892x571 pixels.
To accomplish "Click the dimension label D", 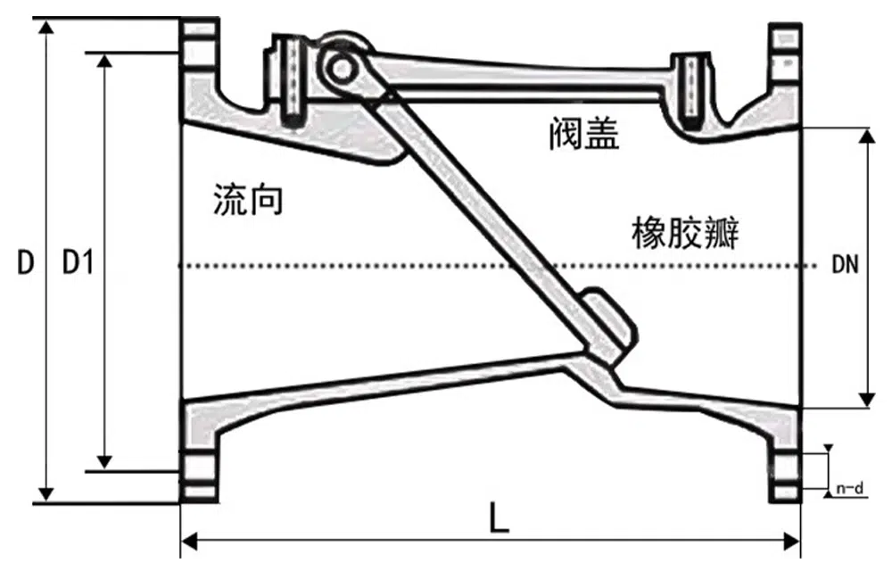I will click(26, 262).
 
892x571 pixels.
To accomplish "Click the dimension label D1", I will click(78, 262).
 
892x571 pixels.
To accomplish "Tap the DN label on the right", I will click(845, 265).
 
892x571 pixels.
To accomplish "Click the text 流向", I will click(248, 200).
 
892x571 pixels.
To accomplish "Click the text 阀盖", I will click(584, 135).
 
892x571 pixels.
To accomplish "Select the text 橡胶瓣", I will click(685, 234).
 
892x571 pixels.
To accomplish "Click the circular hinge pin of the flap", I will click(339, 64).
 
